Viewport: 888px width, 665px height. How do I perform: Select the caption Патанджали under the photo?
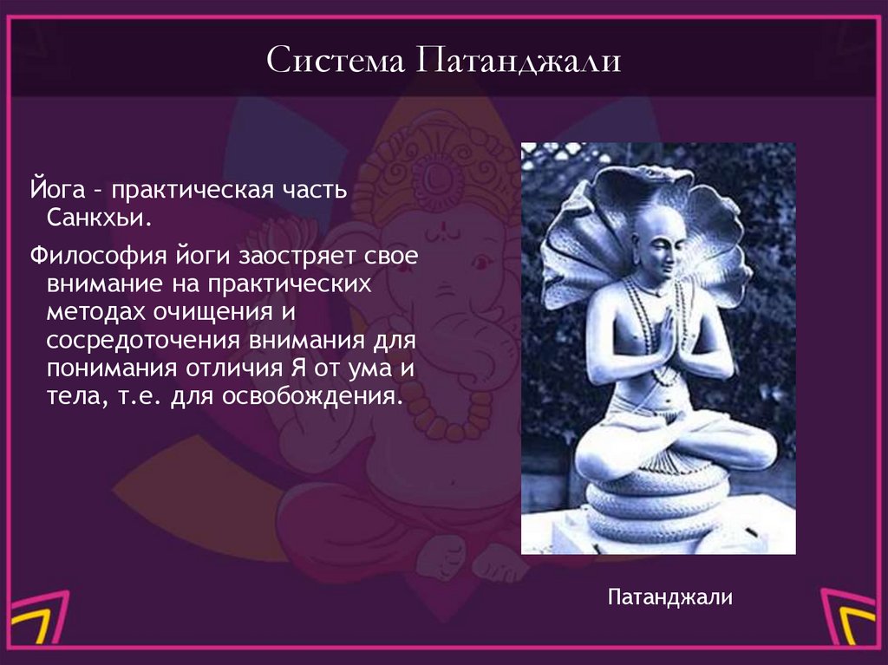coord(670,597)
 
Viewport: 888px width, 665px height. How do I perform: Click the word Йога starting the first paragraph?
coord(56,187)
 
